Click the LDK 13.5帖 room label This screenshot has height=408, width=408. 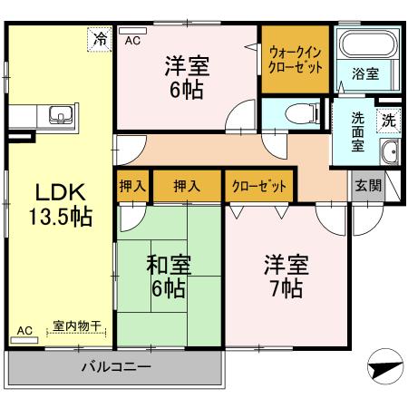60,203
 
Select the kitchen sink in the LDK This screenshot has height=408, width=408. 61,115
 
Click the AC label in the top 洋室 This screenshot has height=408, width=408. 132,40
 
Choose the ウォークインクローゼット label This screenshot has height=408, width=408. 295,59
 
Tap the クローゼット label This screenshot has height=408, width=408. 258,186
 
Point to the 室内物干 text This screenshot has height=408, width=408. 76,325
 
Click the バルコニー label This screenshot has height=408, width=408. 114,367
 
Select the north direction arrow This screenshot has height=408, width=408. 384,369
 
